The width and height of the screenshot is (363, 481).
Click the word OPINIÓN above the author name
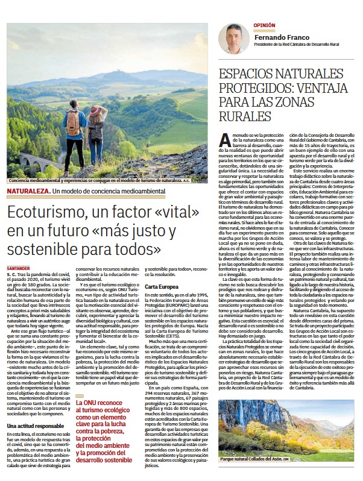(x=264, y=26)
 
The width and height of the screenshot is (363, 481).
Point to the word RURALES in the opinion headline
(x=245, y=116)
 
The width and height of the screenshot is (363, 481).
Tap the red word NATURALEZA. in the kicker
(x=28, y=191)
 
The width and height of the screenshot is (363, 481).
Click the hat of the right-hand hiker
(x=96, y=110)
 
